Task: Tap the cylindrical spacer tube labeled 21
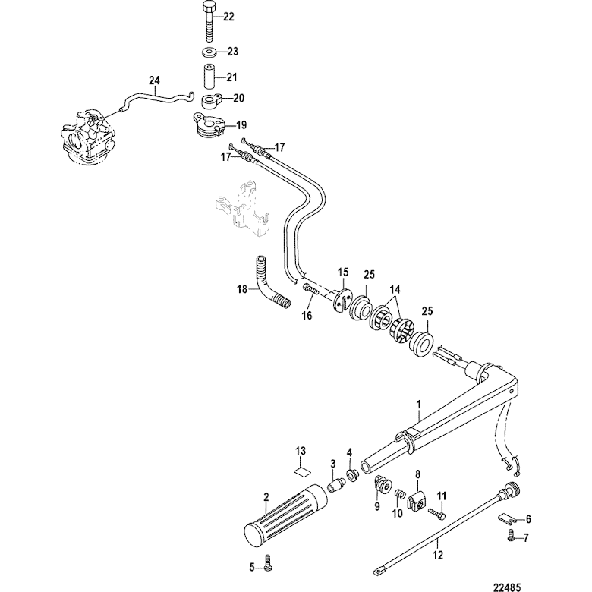(x=209, y=77)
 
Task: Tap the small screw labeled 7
(x=511, y=537)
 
